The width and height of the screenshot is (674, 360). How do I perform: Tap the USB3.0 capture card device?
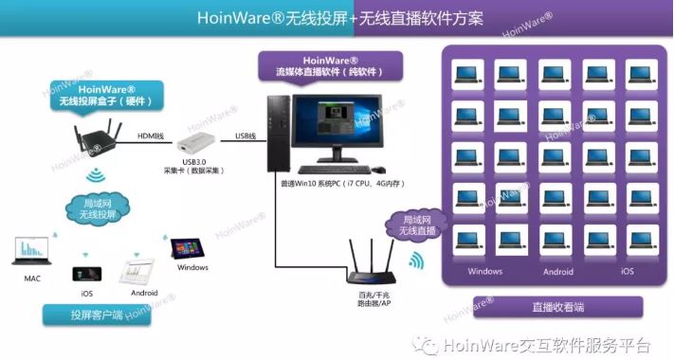(x=194, y=145)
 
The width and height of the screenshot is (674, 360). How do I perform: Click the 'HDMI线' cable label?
(x=152, y=135)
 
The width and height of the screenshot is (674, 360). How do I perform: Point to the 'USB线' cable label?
(x=245, y=135)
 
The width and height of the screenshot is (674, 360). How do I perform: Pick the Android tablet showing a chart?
(x=136, y=274)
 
